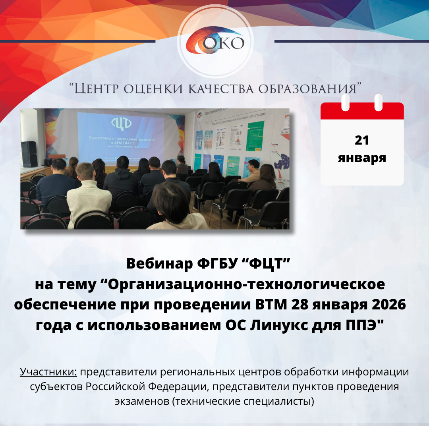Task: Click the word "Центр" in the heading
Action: click(97, 89)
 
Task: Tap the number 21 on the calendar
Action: click(362, 141)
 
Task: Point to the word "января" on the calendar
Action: click(362, 158)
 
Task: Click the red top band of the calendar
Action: click(362, 111)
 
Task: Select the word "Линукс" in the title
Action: click(281, 325)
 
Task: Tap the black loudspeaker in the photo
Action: click(29, 154)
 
